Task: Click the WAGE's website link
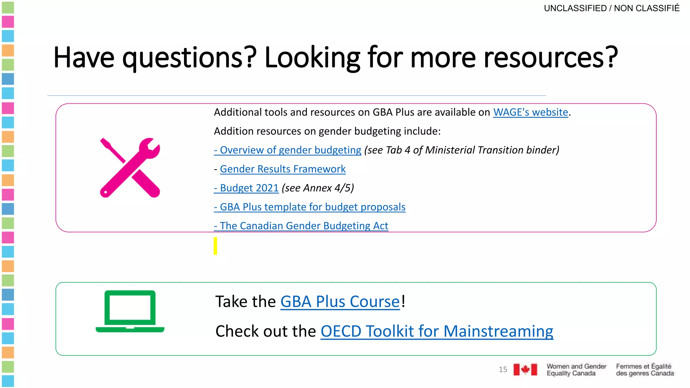click(531, 112)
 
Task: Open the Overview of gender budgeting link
click(287, 150)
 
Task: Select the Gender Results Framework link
click(283, 169)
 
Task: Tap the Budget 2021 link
click(246, 188)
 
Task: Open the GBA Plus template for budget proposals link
click(310, 207)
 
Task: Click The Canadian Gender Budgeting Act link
click(301, 226)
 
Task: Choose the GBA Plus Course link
click(340, 301)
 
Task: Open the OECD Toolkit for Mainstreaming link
click(437, 331)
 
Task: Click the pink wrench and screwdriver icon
click(130, 167)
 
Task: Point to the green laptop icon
click(130, 311)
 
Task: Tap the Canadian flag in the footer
click(525, 369)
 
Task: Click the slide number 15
click(503, 369)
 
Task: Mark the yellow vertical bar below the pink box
click(215, 246)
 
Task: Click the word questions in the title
click(189, 58)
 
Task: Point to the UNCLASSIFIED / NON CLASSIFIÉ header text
click(611, 8)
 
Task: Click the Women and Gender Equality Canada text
click(576, 369)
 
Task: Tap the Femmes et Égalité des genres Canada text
click(645, 369)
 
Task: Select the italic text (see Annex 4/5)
click(318, 188)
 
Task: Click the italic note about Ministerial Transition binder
click(462, 150)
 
